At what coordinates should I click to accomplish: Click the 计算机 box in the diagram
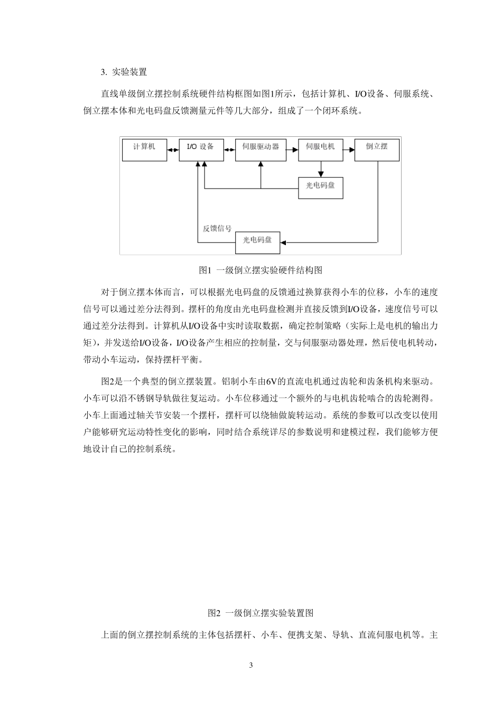click(x=144, y=150)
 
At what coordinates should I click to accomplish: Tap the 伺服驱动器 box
click(x=261, y=150)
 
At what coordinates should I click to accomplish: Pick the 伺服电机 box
click(x=320, y=150)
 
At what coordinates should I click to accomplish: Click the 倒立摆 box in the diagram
click(x=377, y=150)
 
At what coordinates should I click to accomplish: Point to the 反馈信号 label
click(x=217, y=229)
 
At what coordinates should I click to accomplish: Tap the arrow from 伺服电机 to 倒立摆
click(x=348, y=150)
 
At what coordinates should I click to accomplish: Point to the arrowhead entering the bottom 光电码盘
click(x=283, y=242)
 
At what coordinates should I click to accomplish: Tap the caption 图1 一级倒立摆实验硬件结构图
click(x=261, y=270)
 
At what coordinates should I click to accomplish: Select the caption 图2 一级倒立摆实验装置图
click(x=261, y=613)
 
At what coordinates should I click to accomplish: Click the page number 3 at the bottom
click(x=251, y=665)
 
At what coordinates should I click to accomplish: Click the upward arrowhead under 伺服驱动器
click(x=261, y=165)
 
